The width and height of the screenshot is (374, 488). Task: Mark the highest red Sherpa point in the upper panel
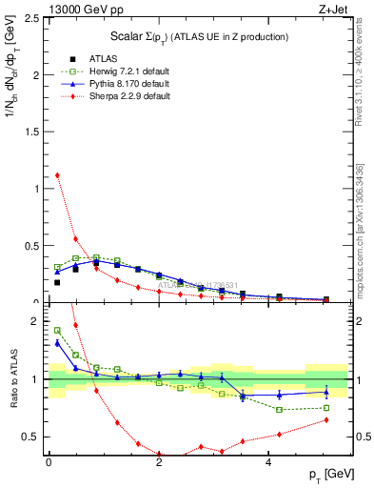57,174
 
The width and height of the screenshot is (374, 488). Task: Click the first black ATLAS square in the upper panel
57,282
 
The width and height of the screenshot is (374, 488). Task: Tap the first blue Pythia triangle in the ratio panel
57,342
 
